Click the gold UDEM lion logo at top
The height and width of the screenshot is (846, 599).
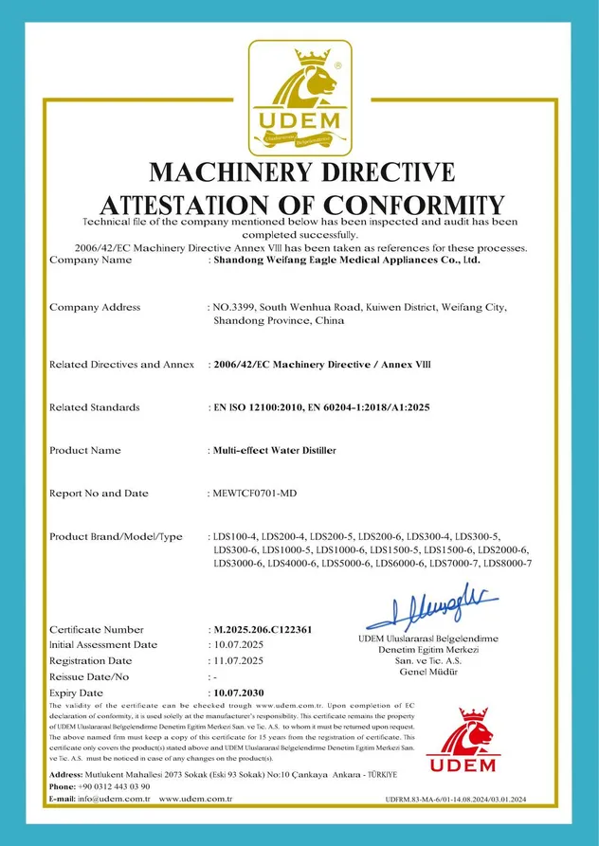point(299,98)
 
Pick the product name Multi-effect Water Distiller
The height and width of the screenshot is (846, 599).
point(273,451)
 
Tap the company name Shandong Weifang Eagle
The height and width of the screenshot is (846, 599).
point(346,259)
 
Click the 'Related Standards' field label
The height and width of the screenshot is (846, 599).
point(94,407)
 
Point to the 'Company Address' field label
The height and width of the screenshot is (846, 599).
point(94,307)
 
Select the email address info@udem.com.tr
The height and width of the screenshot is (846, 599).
point(117,800)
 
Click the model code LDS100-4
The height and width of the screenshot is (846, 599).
point(236,538)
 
